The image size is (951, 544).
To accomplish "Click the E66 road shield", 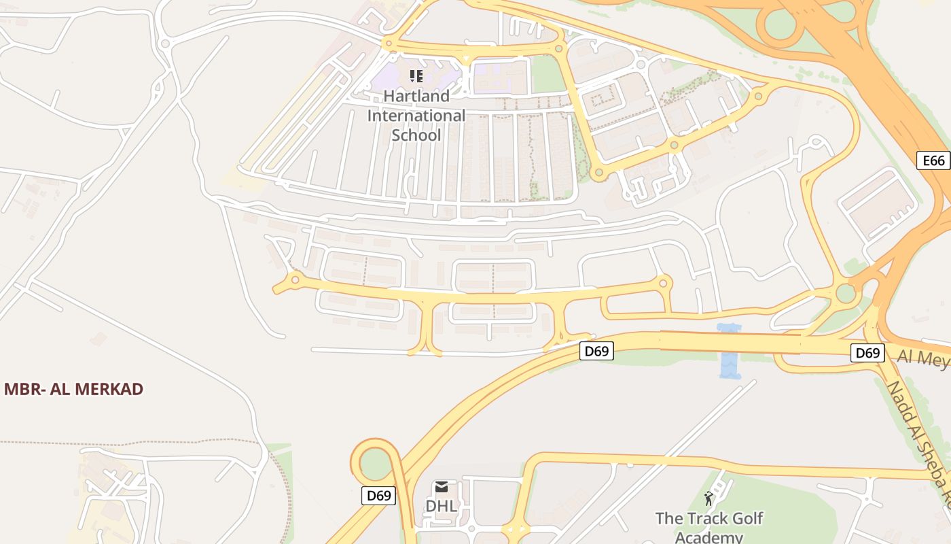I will click(x=933, y=160).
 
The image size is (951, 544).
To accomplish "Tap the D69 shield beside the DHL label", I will click(x=378, y=496).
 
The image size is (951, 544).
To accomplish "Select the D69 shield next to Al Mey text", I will click(x=867, y=353).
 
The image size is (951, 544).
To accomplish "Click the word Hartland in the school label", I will click(x=416, y=96).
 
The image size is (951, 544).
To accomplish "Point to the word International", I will click(x=416, y=116).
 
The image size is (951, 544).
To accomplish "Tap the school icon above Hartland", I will click(x=416, y=76).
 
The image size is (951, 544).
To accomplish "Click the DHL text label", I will click(x=441, y=507).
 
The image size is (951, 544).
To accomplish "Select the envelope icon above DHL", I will click(x=442, y=487).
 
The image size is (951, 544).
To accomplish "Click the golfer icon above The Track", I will click(x=709, y=498).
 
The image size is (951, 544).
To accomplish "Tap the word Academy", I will click(x=709, y=537).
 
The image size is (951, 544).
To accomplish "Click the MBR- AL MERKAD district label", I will click(x=73, y=389).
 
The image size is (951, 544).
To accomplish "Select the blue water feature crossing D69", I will click(x=730, y=352).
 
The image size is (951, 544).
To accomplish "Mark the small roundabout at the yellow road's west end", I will click(x=295, y=279).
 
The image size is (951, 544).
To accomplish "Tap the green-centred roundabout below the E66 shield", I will click(x=846, y=294).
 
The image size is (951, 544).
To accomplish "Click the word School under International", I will click(x=416, y=135).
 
